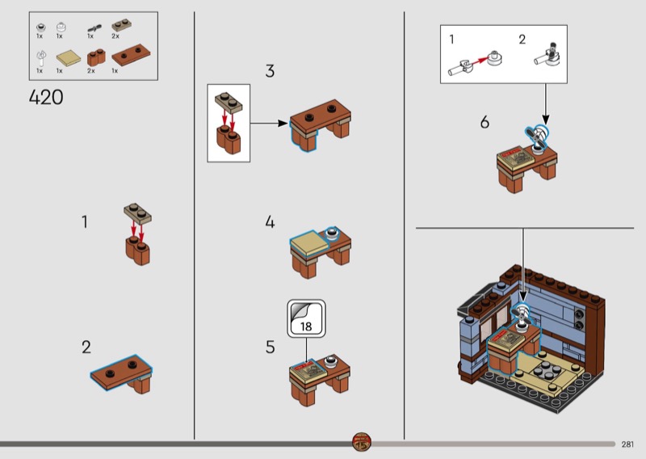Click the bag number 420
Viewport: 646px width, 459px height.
point(46,98)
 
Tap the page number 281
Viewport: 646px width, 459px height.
point(627,444)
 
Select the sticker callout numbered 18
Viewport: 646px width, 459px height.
point(306,318)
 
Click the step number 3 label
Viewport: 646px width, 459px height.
point(270,71)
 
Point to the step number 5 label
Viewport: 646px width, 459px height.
point(270,347)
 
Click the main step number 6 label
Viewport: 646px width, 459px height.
point(484,122)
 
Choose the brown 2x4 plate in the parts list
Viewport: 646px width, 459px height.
point(131,55)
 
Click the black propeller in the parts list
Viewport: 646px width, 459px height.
point(94,28)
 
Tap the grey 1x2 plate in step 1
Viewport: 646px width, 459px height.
point(137,213)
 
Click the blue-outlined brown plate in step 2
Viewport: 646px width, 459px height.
point(121,372)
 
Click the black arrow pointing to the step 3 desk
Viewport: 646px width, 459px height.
point(269,124)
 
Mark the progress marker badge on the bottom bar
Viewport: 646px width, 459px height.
point(362,442)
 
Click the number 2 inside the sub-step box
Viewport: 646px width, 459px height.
point(522,40)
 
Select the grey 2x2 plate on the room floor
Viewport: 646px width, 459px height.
point(544,370)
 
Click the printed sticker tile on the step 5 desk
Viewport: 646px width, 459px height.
point(308,368)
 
